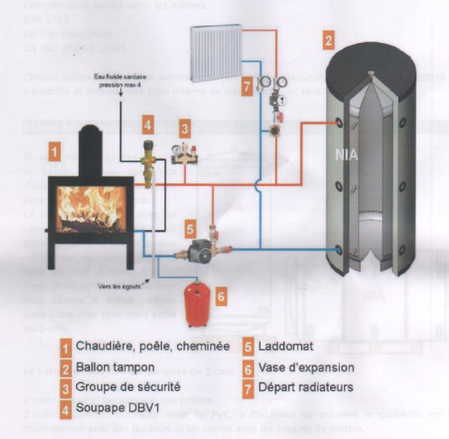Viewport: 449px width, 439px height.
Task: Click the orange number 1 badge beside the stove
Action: (56, 152)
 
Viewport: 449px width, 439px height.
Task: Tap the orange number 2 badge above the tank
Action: (328, 41)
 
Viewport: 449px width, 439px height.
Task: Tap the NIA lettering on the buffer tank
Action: (345, 154)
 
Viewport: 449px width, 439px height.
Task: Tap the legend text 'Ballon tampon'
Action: (114, 367)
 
